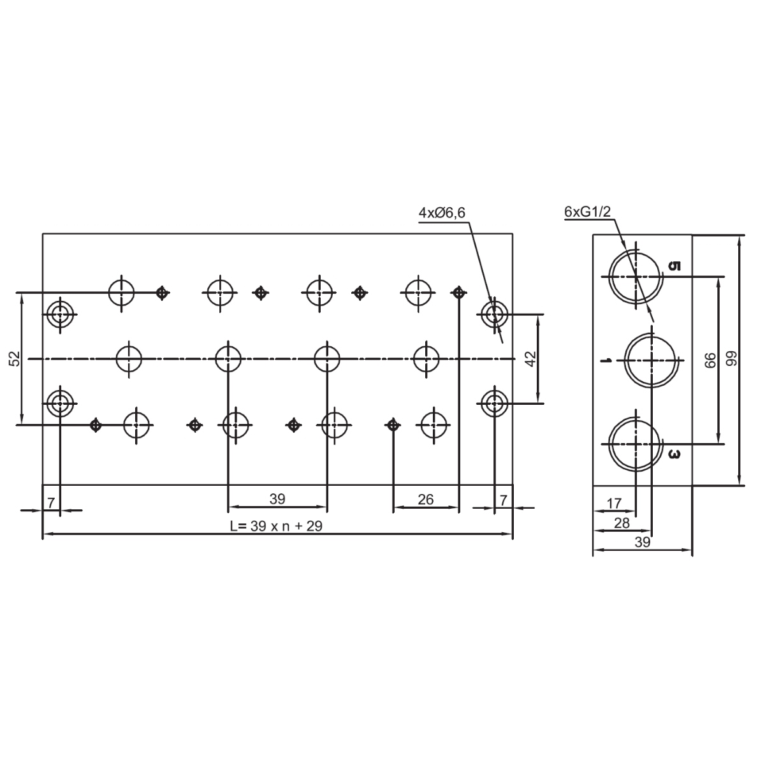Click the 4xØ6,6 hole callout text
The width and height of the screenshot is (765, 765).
pos(444,213)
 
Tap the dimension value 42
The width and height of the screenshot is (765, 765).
pos(530,359)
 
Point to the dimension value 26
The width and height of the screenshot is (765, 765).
pos(425,499)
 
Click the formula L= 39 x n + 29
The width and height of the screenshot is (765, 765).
pos(277,527)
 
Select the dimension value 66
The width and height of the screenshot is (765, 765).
pos(710,360)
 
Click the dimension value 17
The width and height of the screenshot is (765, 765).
pos(613,504)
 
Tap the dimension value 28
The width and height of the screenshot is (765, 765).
pos(621,523)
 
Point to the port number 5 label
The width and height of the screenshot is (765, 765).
pos(675,266)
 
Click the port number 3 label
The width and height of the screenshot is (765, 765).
pos(675,455)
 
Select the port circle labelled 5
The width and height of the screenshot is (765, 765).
pos(635,277)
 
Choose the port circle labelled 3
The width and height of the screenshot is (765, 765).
pos(635,443)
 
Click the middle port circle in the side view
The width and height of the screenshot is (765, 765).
pos(651,360)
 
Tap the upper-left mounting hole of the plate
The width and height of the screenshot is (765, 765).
pos(60,314)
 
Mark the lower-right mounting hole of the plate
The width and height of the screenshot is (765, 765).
pos(493,403)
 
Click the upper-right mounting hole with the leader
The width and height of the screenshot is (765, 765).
pos(493,314)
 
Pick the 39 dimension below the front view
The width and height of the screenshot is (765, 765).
pos(277,499)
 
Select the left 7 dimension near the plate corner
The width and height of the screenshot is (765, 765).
pos(50,502)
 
